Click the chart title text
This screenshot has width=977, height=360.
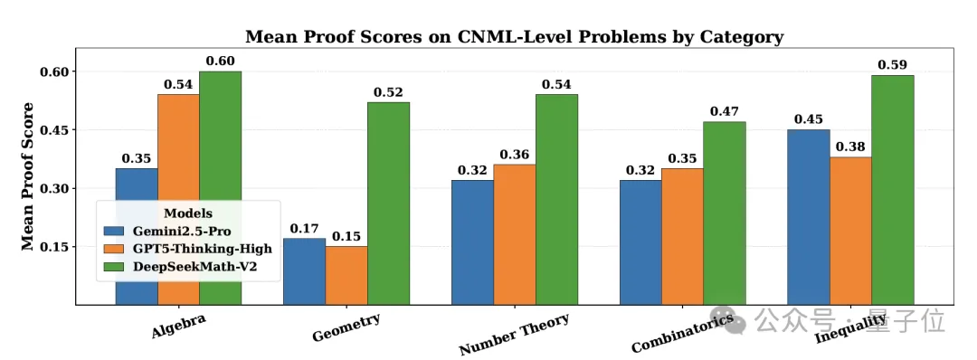tap(515, 37)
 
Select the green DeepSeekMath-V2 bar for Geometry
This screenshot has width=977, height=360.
tap(388, 204)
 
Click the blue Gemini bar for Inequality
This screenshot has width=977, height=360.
tap(808, 217)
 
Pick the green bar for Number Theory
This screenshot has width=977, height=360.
tap(556, 199)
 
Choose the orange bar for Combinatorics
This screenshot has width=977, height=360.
tap(682, 237)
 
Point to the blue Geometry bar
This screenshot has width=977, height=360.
tap(304, 271)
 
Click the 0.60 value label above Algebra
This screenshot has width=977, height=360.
tap(221, 61)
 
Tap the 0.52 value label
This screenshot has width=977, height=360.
tap(388, 91)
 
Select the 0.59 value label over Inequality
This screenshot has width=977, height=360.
tap(893, 64)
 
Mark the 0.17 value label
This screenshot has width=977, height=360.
tap(304, 228)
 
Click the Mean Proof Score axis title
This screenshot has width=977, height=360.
tap(28, 176)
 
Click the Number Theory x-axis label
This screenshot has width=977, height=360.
tap(514, 335)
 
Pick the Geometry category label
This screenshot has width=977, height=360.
tap(346, 328)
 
